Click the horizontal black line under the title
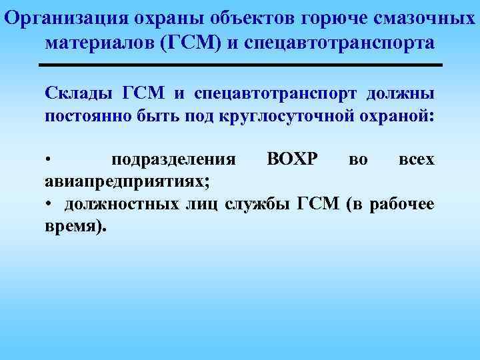pos(240,65)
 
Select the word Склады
pos(79,92)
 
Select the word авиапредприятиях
pos(127,182)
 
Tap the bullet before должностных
pos(49,205)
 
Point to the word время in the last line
pos(74,227)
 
